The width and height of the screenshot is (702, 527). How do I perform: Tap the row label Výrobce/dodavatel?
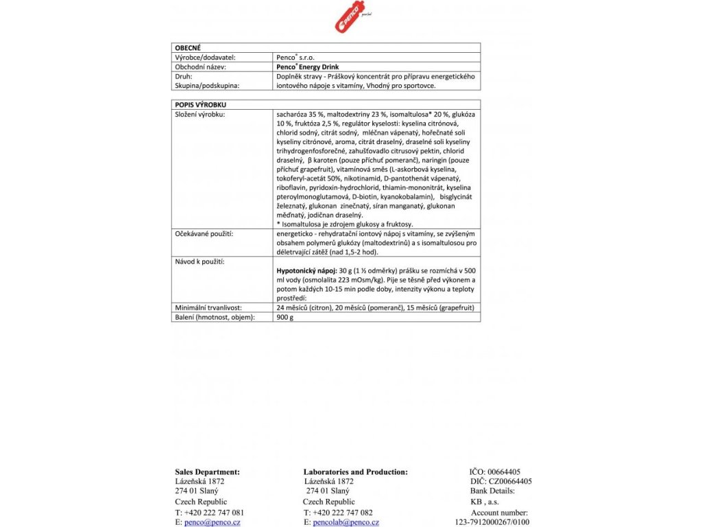[206, 58]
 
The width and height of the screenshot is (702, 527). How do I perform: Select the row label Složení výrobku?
[200, 113]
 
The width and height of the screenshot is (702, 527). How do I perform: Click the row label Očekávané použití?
[205, 234]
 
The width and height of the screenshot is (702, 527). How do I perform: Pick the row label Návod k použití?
[200, 261]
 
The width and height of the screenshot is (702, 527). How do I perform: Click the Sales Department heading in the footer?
[207, 471]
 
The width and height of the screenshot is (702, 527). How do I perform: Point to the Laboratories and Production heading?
[355, 471]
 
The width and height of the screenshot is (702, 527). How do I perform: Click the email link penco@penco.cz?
[213, 522]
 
